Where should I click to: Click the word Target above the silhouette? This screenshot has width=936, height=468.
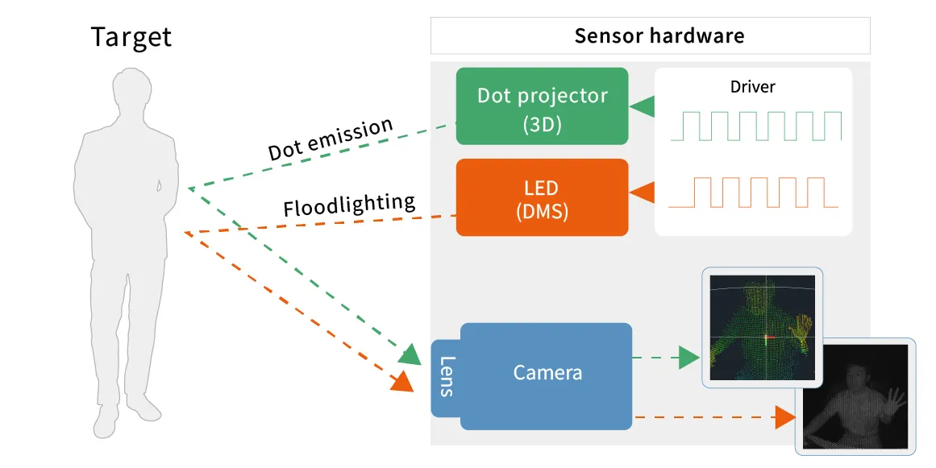[131, 37]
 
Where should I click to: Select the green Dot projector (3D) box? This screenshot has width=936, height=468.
[542, 106]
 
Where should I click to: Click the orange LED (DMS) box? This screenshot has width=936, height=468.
[542, 197]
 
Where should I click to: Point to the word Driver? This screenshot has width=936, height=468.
[752, 86]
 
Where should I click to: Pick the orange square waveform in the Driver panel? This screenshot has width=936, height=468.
[753, 193]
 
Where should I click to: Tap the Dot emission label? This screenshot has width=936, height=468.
[331, 139]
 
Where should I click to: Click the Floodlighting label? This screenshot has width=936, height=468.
[349, 205]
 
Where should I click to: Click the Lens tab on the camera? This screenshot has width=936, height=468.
[446, 376]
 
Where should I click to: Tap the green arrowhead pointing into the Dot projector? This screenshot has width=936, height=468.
[643, 106]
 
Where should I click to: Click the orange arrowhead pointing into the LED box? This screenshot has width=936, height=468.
[643, 193]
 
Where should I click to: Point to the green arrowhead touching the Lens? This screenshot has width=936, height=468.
[410, 354]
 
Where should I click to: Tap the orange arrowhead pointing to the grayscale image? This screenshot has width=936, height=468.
[784, 417]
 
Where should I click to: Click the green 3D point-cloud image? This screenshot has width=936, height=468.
[762, 326]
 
